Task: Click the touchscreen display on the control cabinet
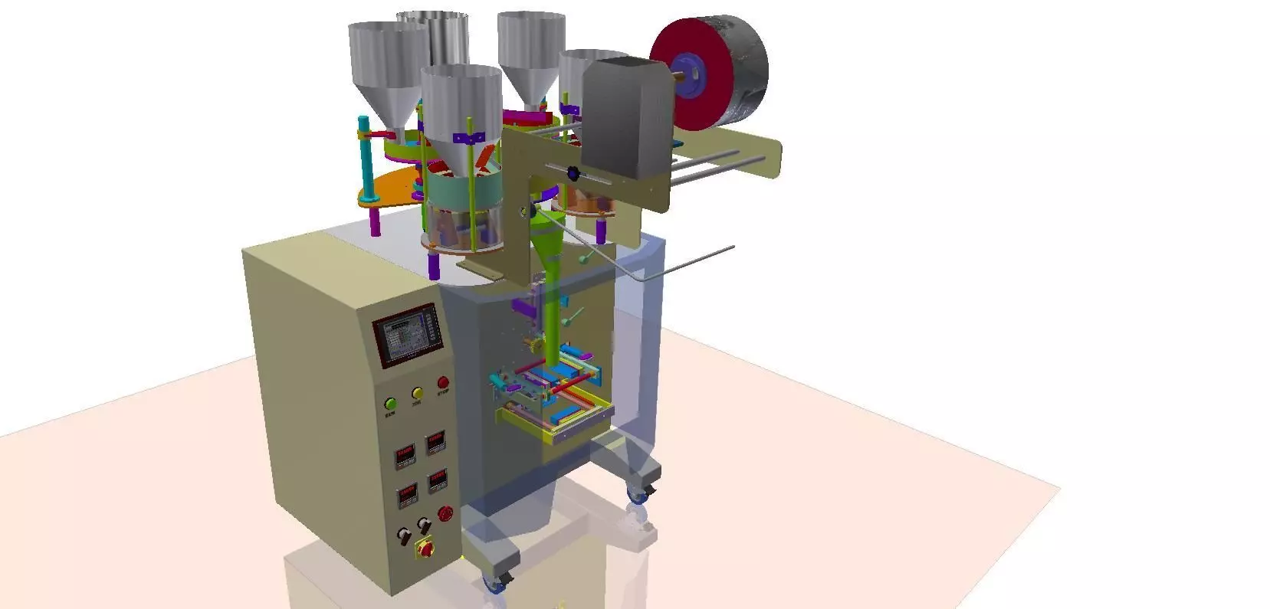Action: click(409, 336)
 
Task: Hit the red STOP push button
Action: click(443, 383)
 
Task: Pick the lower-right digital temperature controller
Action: click(438, 480)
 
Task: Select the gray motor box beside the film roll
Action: click(625, 123)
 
